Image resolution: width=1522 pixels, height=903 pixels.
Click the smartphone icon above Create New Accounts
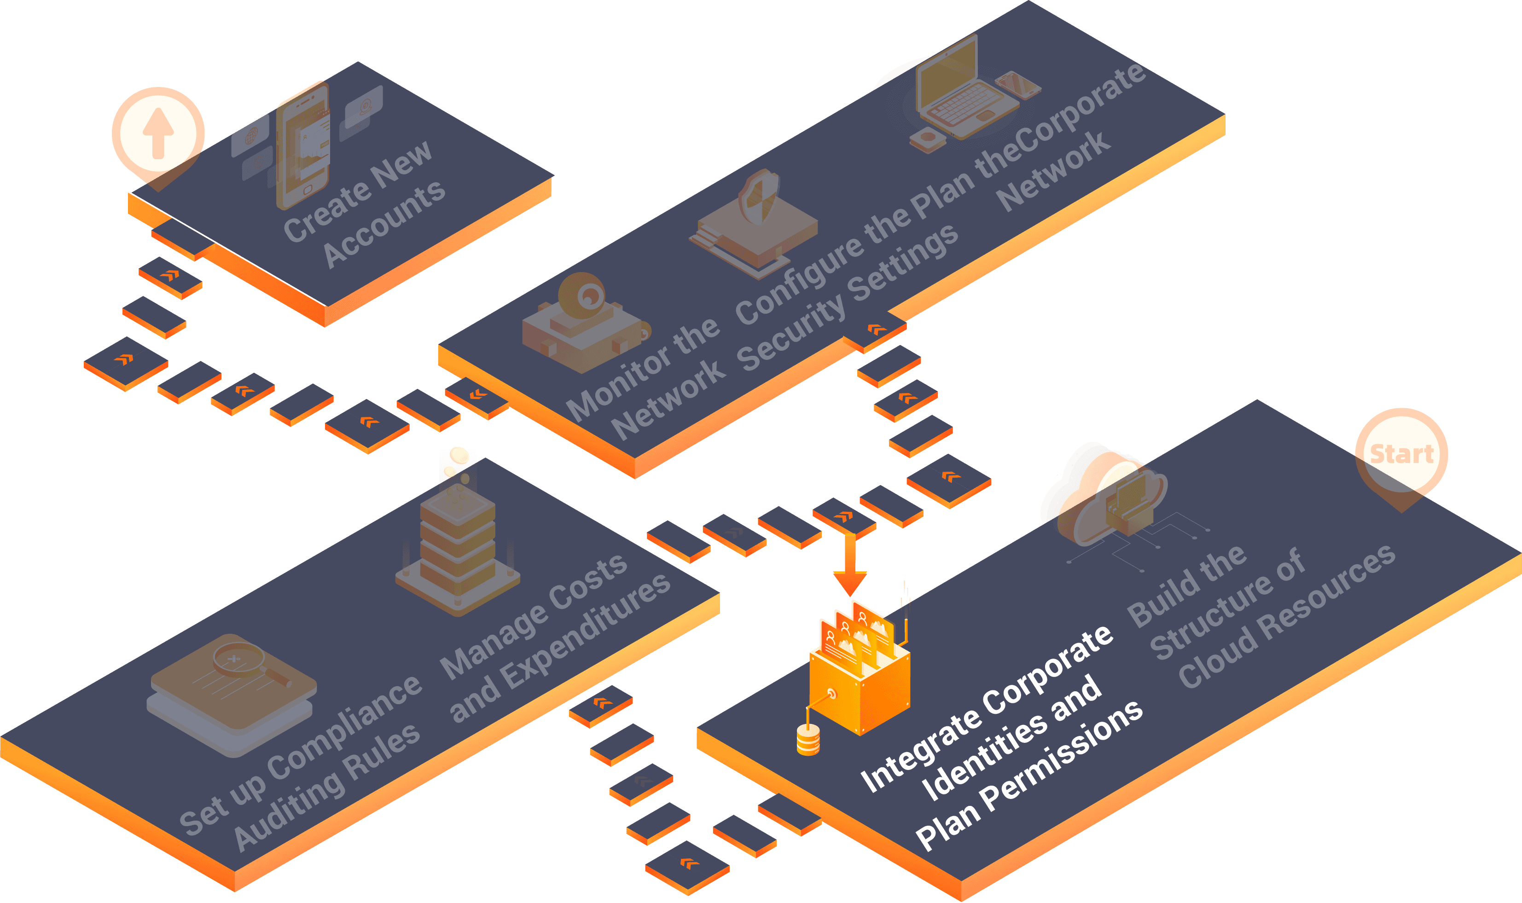[x=303, y=146]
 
